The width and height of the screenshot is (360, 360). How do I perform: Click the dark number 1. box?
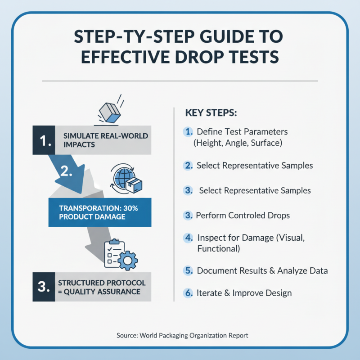point(44,140)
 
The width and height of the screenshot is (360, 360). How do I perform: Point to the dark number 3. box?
point(44,287)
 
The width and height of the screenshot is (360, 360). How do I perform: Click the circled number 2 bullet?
point(188,166)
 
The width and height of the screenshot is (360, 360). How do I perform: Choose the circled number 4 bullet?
point(189,238)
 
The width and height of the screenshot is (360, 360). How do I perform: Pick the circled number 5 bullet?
point(189,271)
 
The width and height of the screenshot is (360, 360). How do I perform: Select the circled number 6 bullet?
point(189,293)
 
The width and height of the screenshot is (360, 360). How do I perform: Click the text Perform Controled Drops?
point(243,215)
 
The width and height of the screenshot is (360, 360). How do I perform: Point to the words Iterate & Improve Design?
point(244,293)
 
